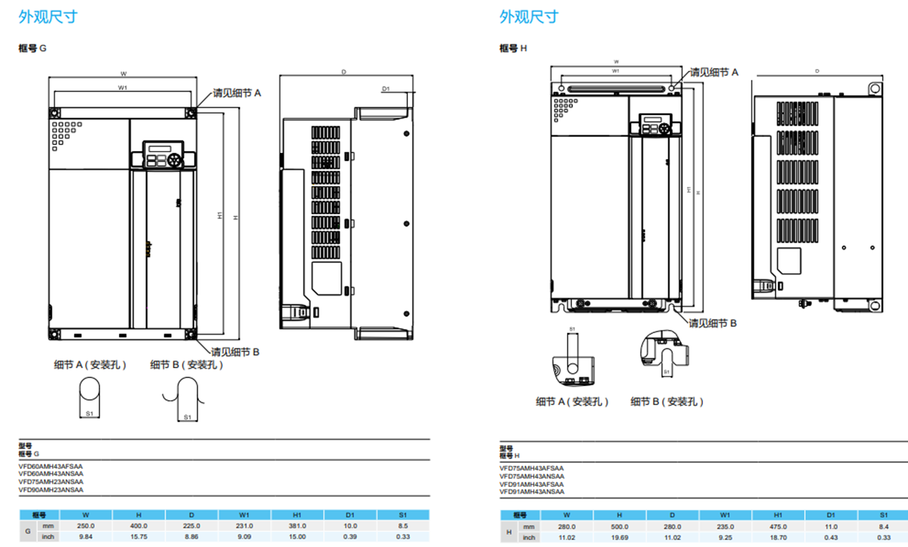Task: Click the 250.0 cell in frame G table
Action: point(86,525)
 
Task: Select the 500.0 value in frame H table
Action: point(619,527)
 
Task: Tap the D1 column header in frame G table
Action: point(350,515)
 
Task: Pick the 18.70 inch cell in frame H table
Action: point(778,538)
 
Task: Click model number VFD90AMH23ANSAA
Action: point(51,490)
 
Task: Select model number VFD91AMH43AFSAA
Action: point(531,484)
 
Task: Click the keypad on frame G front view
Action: point(163,155)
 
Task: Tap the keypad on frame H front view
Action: point(655,125)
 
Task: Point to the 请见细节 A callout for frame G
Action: point(237,93)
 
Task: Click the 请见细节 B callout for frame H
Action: point(713,323)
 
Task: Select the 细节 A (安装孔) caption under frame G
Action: point(90,365)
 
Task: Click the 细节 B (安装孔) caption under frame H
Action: point(667,401)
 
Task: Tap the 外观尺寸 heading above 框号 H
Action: point(529,17)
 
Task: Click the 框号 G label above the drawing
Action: point(33,48)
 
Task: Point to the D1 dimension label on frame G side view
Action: point(386,89)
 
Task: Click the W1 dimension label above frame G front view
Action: point(122,88)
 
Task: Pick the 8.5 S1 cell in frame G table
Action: point(403,525)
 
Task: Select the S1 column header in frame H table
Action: point(884,515)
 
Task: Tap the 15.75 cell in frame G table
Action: point(139,537)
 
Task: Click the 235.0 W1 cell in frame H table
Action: point(725,527)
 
